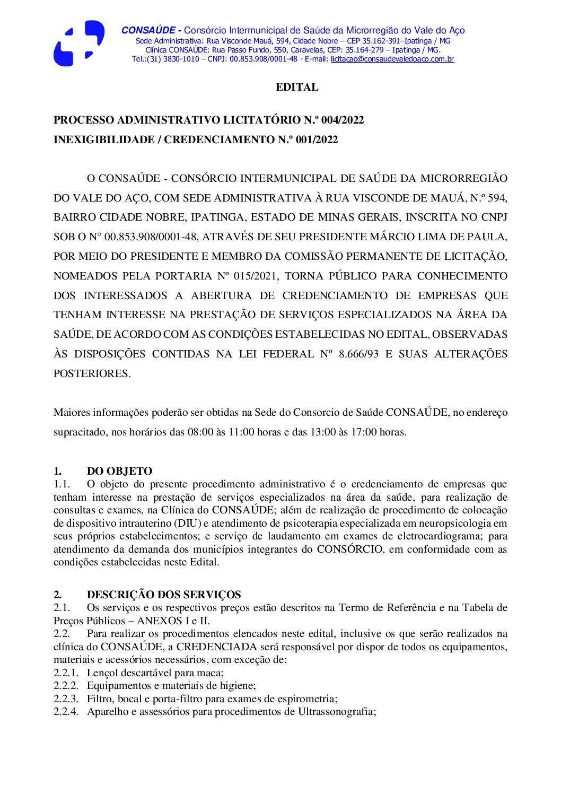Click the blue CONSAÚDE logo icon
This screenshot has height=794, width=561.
[x=78, y=43]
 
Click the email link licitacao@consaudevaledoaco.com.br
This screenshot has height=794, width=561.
[x=392, y=59]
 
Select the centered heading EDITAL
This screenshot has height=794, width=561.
[x=297, y=88]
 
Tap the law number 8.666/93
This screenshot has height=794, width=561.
[x=358, y=354]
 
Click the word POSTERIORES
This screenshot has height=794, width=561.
[x=92, y=374]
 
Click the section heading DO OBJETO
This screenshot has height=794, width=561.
[x=119, y=471]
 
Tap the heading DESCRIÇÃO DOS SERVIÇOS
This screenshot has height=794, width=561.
[x=164, y=595]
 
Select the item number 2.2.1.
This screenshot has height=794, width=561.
[x=66, y=673]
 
